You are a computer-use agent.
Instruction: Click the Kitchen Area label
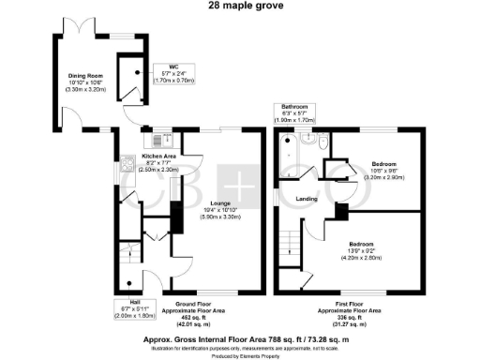160,156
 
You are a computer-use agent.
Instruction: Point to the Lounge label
221,202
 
